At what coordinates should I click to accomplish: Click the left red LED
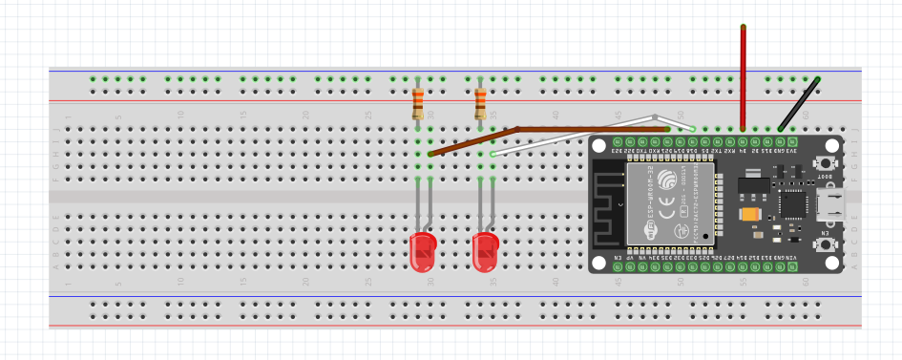click(x=422, y=253)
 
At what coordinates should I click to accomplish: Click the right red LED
click(x=485, y=253)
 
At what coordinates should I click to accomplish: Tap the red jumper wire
click(x=743, y=76)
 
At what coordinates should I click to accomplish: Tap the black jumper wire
click(x=800, y=103)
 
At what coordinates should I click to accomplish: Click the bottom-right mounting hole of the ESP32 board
click(x=832, y=261)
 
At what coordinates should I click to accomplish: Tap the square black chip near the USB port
click(x=791, y=202)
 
